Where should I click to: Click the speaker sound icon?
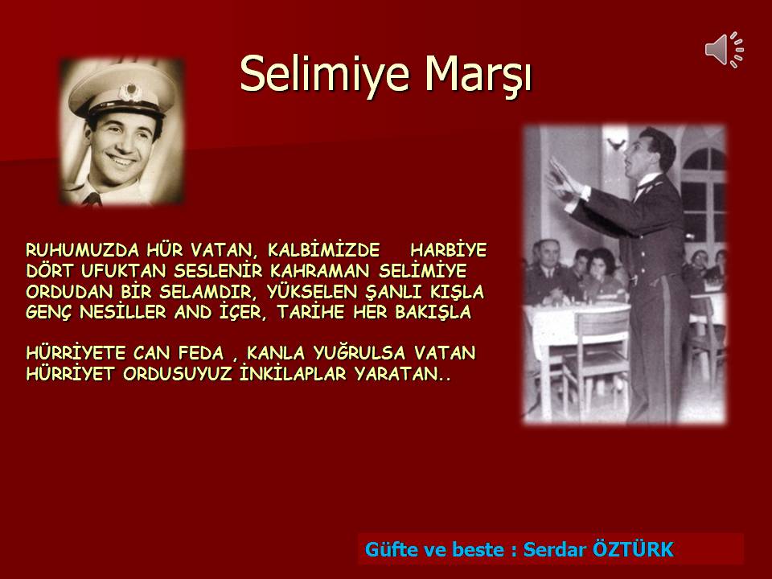click(725, 50)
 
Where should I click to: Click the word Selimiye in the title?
click(324, 74)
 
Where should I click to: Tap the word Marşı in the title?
click(478, 74)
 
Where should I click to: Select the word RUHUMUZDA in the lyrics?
click(83, 250)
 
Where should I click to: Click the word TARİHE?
click(310, 312)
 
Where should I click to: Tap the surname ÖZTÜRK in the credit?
click(634, 548)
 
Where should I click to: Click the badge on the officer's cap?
click(130, 92)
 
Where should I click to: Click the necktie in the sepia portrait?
click(92, 199)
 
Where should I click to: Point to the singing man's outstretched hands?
click(564, 179)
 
